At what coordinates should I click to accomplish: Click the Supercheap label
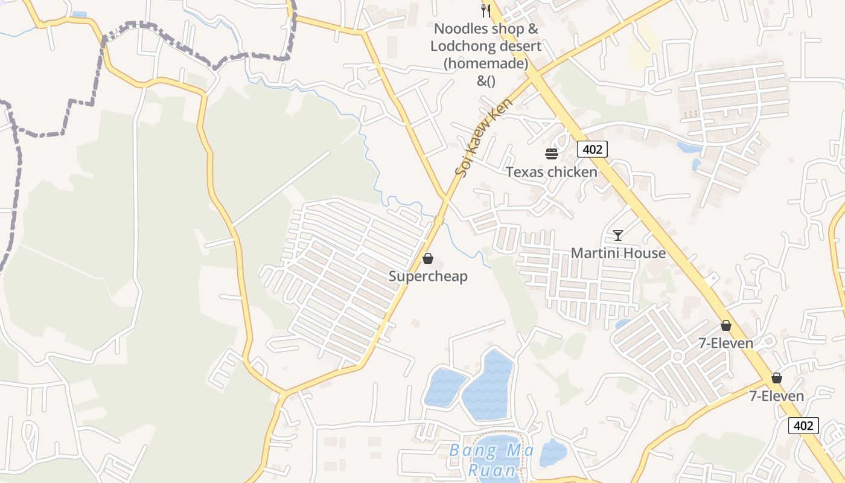[x=428, y=277]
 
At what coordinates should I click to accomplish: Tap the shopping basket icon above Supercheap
[x=428, y=259]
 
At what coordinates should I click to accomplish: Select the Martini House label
[x=618, y=253]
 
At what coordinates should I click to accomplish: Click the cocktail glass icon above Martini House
[x=618, y=235]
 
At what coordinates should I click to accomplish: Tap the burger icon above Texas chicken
[x=552, y=153]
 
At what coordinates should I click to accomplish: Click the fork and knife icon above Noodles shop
[x=486, y=10]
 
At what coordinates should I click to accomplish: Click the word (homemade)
[x=486, y=63]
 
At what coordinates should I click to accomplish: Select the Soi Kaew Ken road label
[x=483, y=138]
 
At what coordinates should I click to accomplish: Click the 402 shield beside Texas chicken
[x=592, y=149]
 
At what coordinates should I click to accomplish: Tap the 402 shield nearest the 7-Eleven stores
[x=803, y=426]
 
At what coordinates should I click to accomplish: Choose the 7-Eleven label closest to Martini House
[x=725, y=343]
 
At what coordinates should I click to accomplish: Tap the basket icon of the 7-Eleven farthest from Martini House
[x=777, y=379]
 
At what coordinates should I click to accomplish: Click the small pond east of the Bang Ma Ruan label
[x=553, y=453]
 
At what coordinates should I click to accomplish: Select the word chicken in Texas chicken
[x=572, y=172]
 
